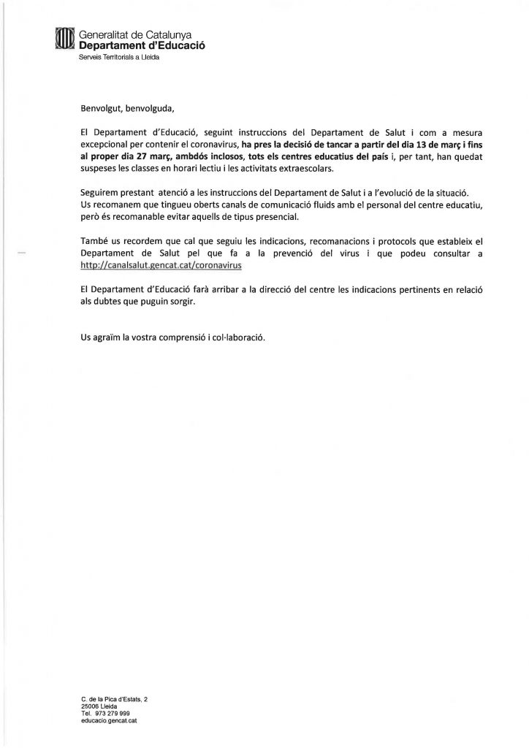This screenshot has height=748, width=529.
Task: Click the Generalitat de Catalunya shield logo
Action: click(65, 38)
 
